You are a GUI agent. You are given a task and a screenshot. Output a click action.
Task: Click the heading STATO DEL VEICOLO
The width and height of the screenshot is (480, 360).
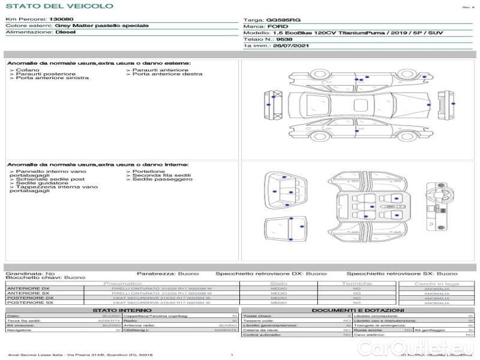click(59, 6)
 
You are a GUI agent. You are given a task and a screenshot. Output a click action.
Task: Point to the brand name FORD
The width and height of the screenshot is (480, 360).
click(275, 26)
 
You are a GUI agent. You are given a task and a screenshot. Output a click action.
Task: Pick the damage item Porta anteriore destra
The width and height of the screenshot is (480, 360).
click(167, 74)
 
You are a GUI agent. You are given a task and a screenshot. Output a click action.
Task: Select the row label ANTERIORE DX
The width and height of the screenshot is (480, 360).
click(28, 289)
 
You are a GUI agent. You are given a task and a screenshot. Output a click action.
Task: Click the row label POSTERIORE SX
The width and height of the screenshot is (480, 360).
click(29, 303)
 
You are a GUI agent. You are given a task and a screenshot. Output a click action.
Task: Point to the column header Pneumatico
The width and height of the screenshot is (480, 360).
click(123, 283)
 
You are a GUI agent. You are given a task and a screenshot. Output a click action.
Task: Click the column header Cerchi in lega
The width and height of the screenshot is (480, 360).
click(436, 283)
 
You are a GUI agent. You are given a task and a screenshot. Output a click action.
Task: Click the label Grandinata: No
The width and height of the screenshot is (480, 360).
click(30, 274)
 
